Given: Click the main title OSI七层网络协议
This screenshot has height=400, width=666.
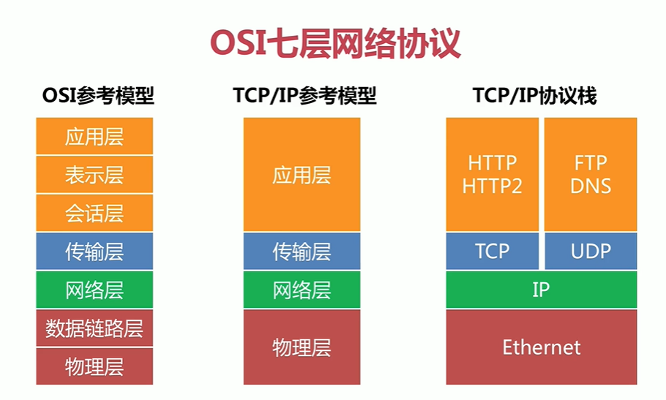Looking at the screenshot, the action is point(335,43).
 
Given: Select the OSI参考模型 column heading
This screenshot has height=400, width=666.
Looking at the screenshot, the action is point(98,96).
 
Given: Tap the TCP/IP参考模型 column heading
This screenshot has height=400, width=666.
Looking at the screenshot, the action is point(304,96).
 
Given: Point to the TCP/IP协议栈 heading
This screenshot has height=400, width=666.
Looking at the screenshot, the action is point(535,96).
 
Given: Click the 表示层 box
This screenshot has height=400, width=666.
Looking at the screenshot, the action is point(94,175).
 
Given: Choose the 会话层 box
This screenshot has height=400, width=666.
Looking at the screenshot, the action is point(94,213).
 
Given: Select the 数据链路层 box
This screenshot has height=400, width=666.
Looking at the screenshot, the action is point(94,328).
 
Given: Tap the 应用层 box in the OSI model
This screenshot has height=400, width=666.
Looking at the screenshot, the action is point(94,136).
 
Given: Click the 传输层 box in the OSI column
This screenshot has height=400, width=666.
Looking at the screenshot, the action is point(94,251).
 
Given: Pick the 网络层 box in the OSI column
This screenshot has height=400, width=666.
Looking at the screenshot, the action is point(94,290).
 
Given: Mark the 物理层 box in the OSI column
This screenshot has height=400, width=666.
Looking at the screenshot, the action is point(94,366).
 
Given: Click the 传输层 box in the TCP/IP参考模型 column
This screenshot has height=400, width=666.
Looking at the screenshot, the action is point(302,251).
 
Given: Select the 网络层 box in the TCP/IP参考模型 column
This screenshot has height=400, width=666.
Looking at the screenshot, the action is point(302,290).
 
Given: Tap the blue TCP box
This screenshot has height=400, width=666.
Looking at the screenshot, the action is point(493,251).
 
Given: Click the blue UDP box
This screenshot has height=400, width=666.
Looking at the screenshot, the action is point(591,251).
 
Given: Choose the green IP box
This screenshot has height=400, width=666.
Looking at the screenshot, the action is point(542,290).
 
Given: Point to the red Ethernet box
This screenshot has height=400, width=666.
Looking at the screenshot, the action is point(542,347).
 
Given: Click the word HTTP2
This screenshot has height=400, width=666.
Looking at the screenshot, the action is point(493,186).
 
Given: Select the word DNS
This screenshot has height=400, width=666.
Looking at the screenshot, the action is point(591,186).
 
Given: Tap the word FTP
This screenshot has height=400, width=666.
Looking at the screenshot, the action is point(591,162).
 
